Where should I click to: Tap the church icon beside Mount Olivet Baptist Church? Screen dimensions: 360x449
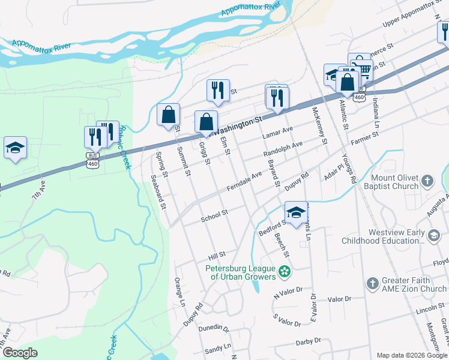[427, 181]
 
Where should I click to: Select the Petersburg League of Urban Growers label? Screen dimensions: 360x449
[242, 272]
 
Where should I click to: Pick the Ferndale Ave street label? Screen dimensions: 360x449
[244, 181]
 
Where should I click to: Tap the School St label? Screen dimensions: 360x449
[214, 214]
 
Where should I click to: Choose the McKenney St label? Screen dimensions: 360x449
[319, 125]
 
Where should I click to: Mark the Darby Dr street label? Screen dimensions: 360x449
[310, 343]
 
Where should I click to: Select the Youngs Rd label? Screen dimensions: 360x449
[349, 169]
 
